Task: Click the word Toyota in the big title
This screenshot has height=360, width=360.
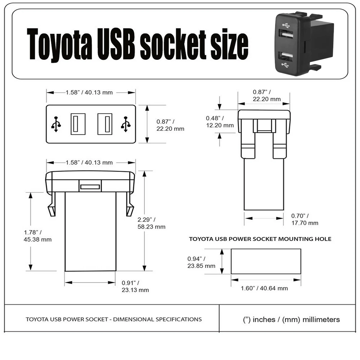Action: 59,44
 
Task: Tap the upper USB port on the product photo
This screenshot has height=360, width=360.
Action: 286,34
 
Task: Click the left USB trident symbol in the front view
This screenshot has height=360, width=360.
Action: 56,124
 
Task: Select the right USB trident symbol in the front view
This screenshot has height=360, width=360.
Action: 126,124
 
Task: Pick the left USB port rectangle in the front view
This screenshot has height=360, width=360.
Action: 78,124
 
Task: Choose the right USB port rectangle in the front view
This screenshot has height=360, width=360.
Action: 105,124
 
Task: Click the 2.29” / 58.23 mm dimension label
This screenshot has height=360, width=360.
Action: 151,223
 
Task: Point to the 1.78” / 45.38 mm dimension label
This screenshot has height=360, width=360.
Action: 37,236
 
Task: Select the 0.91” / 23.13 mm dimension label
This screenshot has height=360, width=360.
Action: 135,286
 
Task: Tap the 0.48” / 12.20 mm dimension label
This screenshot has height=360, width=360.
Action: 220,121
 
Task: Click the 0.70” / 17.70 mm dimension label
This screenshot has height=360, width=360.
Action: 305,219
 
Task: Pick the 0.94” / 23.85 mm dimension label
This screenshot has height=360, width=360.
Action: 201,262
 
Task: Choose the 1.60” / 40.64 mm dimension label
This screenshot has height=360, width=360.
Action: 264,288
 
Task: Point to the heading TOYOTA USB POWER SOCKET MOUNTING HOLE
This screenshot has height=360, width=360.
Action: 260,239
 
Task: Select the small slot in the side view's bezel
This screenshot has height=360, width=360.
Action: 90,187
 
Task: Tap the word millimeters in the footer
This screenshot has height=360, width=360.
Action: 321,319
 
